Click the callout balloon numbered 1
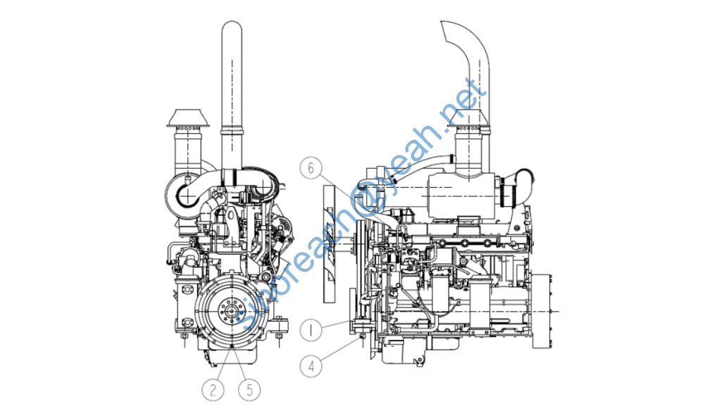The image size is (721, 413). [311, 329]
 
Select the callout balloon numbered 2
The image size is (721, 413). [213, 390]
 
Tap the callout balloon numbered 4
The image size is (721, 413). [311, 366]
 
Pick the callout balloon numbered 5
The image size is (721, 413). [250, 390]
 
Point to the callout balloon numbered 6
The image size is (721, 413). [311, 167]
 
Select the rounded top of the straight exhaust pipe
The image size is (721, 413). [232, 28]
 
